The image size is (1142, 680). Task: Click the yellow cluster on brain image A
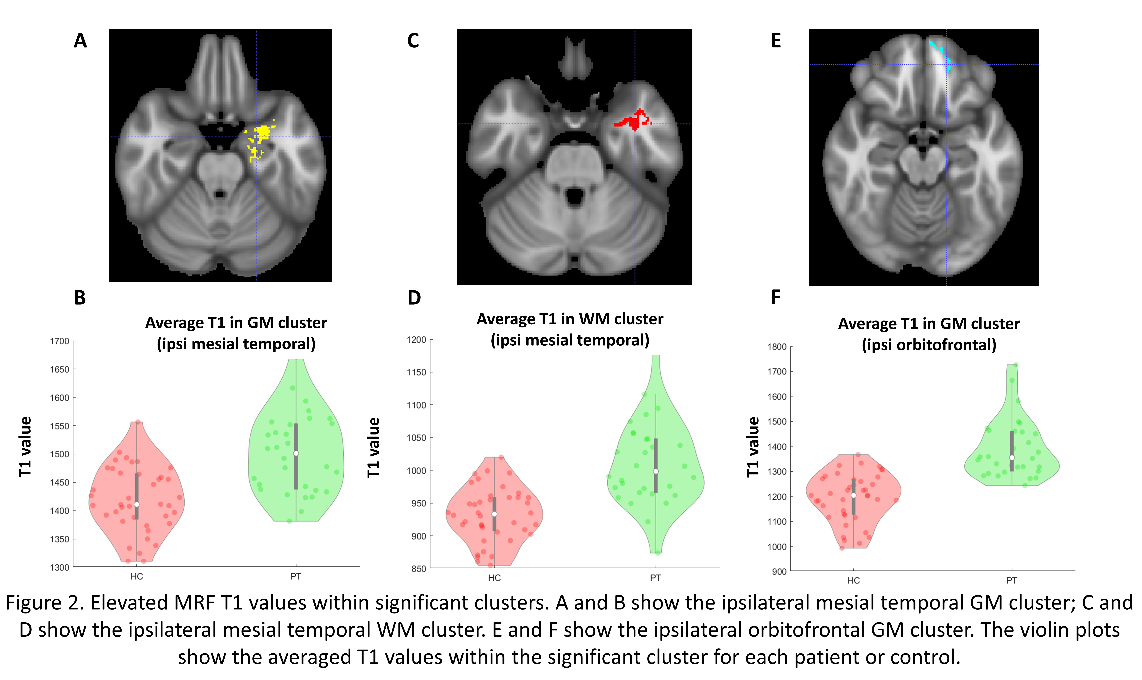click(262, 134)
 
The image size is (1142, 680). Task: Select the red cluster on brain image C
click(633, 121)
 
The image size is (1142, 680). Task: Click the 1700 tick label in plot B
click(60, 341)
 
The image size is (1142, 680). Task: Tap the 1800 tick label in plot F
click(777, 347)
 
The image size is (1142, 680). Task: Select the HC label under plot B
click(137, 576)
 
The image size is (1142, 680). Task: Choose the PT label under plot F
click(1011, 581)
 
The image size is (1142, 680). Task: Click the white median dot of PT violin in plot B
click(296, 453)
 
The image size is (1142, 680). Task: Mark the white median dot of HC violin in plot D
click(494, 514)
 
